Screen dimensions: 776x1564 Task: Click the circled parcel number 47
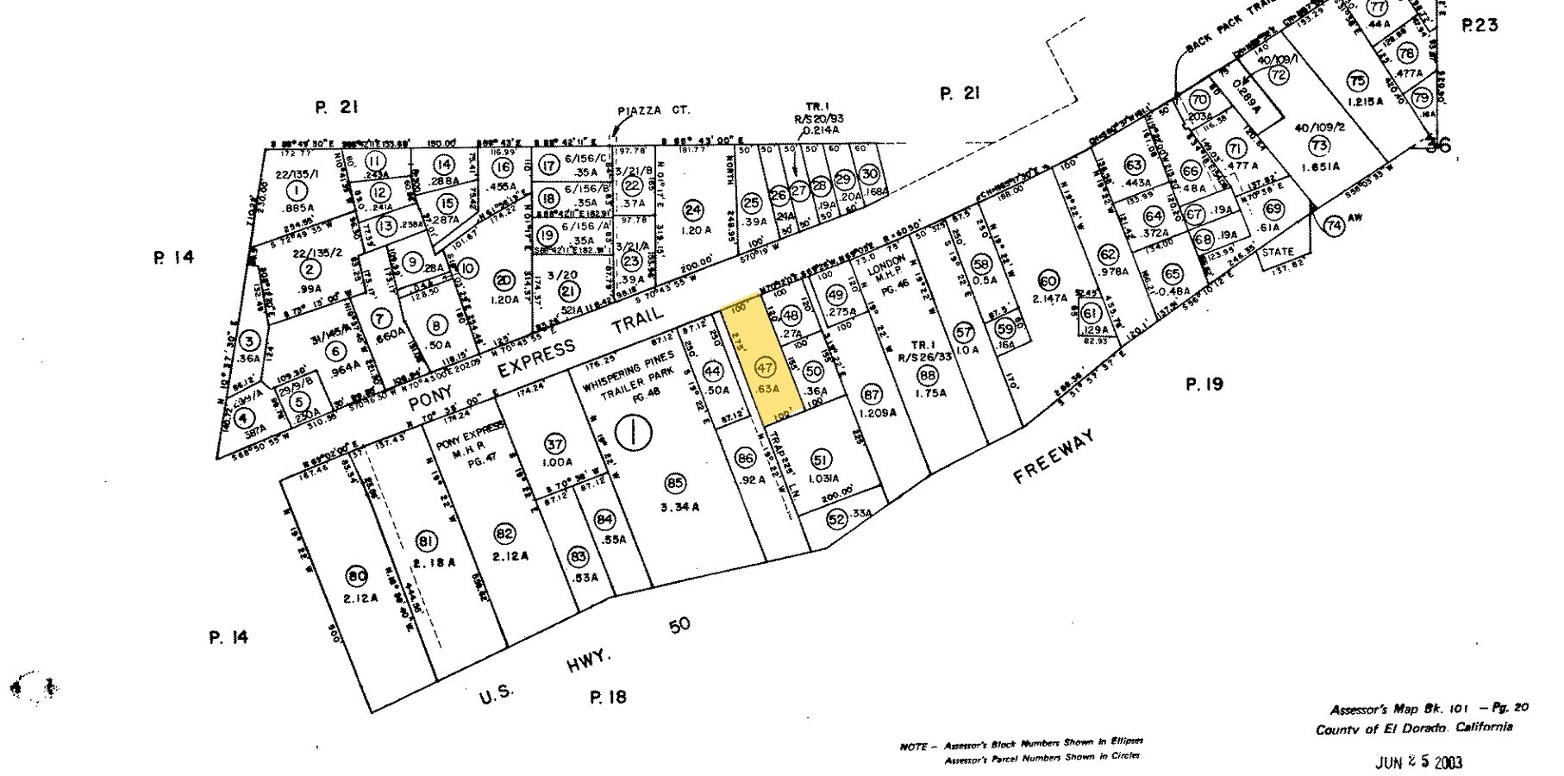tap(764, 366)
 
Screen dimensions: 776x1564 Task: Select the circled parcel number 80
tap(356, 577)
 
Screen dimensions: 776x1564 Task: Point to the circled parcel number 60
tap(1048, 281)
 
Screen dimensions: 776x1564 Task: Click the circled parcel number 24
tap(692, 209)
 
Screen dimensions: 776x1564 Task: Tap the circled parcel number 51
tap(821, 459)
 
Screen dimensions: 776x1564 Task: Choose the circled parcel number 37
tap(554, 444)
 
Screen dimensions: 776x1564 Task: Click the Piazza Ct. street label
tap(655, 110)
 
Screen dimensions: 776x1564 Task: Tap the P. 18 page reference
tap(608, 698)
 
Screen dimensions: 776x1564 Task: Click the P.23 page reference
tap(1480, 26)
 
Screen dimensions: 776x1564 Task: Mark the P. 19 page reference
tap(1204, 385)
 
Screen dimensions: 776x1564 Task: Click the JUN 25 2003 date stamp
tap(1418, 762)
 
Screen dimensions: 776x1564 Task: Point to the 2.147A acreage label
tap(1048, 297)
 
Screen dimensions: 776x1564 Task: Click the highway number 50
tap(679, 625)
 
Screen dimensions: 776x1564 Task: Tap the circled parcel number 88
tap(928, 375)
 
